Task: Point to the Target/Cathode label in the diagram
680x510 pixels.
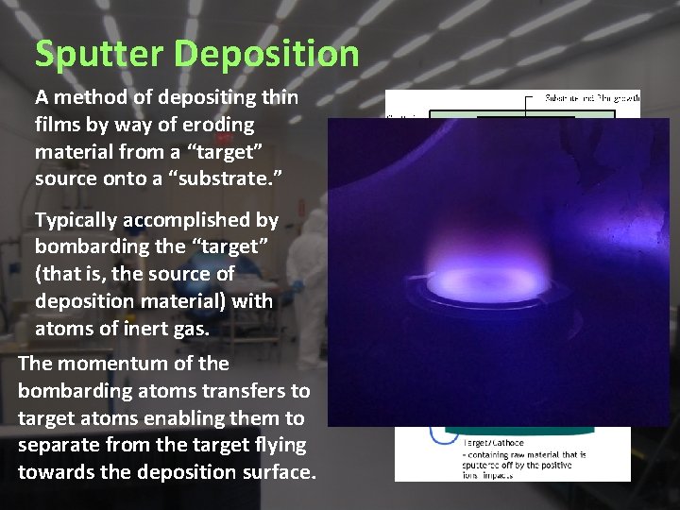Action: coord(493,441)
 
